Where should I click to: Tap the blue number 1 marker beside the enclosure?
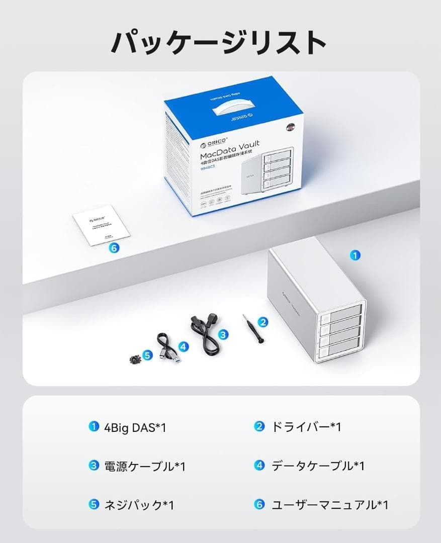(356, 255)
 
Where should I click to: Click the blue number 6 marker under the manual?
(114, 248)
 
